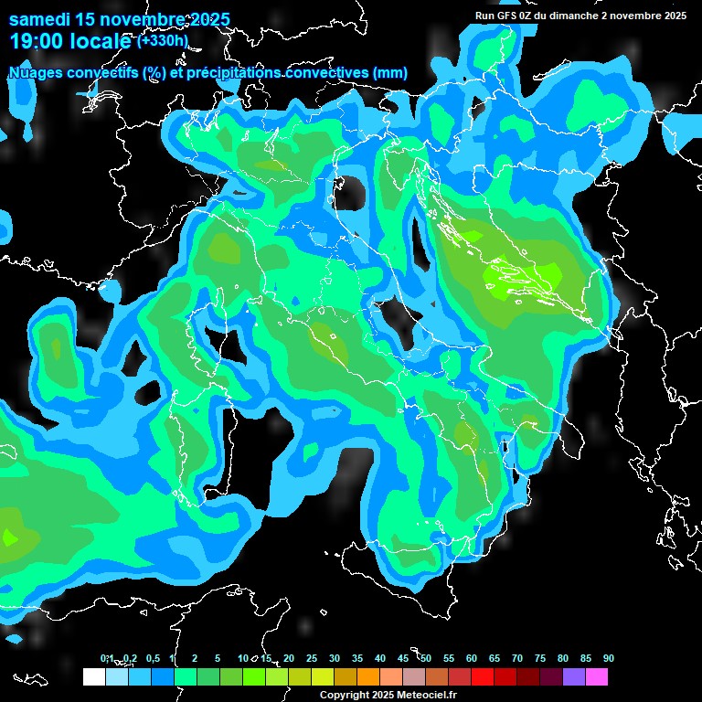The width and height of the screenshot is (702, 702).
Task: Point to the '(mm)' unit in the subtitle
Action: pos(389,73)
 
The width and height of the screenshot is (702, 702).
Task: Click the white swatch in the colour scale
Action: pos(93,677)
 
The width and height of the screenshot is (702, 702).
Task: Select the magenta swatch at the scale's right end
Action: pos(597,677)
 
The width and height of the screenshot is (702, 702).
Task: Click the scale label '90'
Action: pos(609,659)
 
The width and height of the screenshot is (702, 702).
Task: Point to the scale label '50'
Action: pos(426,659)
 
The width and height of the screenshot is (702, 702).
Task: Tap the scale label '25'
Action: pos(312,659)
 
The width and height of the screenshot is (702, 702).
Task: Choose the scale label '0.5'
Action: pos(153,659)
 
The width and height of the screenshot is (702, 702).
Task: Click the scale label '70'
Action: pos(517,659)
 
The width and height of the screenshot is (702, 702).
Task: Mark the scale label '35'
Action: pos(357,659)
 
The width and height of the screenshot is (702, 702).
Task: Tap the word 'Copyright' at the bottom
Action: pos(343,696)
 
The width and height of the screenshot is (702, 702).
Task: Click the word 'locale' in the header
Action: pos(102,41)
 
